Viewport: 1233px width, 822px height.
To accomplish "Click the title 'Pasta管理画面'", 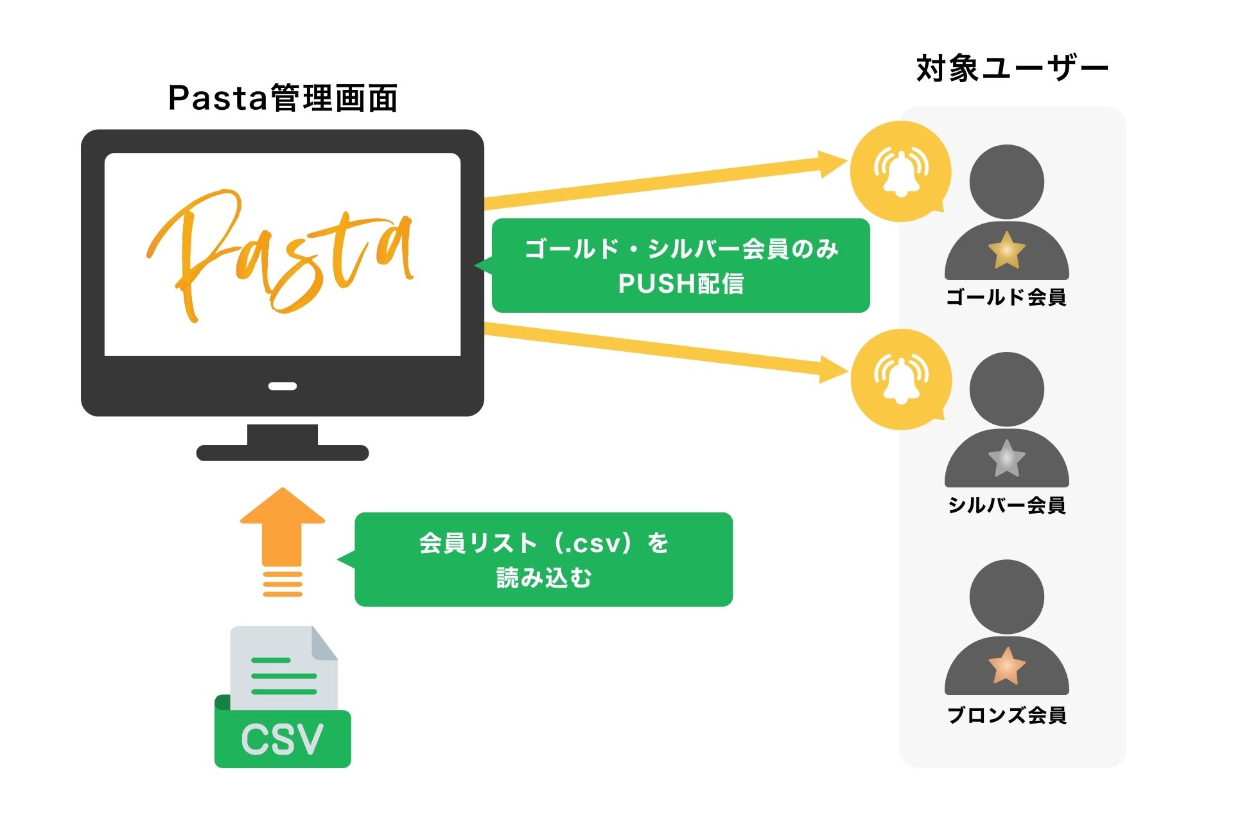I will coord(283,98).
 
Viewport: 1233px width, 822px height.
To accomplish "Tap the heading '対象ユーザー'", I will coord(1012,69).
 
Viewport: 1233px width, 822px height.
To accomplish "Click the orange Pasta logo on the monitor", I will coord(281,254).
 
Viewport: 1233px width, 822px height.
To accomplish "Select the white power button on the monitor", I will coord(283,386).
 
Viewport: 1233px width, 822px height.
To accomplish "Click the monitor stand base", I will coord(283,453).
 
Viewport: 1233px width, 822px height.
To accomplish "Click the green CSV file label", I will coord(283,739).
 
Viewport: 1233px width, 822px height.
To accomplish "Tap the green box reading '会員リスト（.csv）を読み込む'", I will coord(543,559).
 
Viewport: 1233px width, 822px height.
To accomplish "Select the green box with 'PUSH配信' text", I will coord(681,266).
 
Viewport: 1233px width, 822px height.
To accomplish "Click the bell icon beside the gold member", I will coord(900,171).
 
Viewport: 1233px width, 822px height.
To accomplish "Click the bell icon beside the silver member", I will coord(900,379).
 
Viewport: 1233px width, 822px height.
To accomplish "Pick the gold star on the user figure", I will coord(1006,250).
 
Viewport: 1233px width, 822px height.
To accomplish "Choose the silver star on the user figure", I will coord(1006,459).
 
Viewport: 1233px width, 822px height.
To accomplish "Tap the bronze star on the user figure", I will coord(1006,666).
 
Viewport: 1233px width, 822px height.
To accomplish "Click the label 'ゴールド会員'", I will coord(1006,297).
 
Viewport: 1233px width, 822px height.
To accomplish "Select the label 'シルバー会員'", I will coord(1006,505).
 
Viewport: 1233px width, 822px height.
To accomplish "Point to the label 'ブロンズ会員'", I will coord(1006,715).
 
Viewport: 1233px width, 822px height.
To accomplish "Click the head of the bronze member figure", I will coord(1006,597).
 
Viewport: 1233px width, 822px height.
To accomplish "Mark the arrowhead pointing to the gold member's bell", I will coord(833,163).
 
